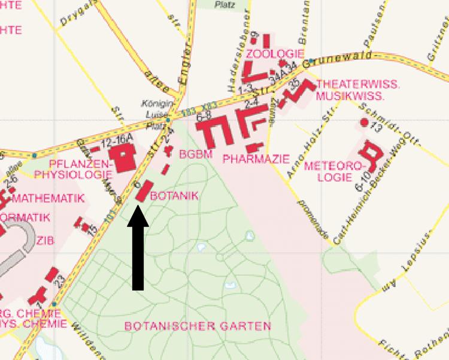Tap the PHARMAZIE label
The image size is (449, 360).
tap(256, 159)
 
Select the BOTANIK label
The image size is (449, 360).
tap(174, 196)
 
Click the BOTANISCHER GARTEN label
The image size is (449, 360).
tap(198, 326)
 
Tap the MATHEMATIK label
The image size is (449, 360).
tap(47, 198)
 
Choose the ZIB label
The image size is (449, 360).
tap(44, 241)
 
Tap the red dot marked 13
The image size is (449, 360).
tap(364, 122)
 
